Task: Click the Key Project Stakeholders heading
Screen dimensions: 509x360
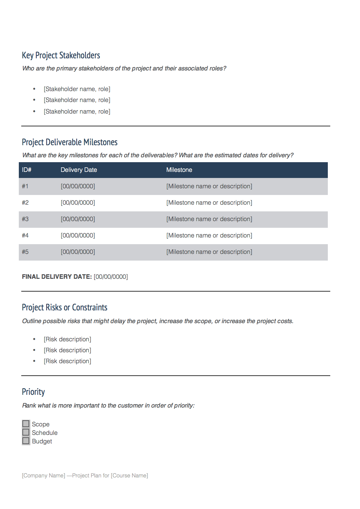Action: pyautogui.click(x=61, y=55)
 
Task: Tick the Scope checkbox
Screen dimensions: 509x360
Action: pyautogui.click(x=26, y=424)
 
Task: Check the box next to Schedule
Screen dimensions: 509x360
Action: pyautogui.click(x=26, y=432)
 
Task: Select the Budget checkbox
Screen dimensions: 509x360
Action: pyautogui.click(x=26, y=441)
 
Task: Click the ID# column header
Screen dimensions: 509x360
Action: pyautogui.click(x=27, y=170)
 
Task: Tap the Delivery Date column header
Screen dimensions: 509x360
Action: pyautogui.click(x=79, y=170)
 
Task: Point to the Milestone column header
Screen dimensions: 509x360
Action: pyautogui.click(x=179, y=170)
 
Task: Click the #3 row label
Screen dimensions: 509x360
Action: pyautogui.click(x=25, y=219)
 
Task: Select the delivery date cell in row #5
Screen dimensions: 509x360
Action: pyautogui.click(x=78, y=252)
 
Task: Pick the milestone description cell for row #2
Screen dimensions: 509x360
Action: pyautogui.click(x=209, y=203)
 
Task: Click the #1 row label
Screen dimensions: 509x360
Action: pyautogui.click(x=25, y=186)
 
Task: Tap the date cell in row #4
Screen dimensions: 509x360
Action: pyautogui.click(x=78, y=235)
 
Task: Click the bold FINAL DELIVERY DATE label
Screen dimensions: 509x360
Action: pyautogui.click(x=57, y=277)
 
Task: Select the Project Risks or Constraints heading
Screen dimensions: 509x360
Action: pyautogui.click(x=64, y=307)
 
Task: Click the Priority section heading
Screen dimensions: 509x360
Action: pyautogui.click(x=33, y=392)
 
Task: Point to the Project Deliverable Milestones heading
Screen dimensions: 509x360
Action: pyautogui.click(x=70, y=142)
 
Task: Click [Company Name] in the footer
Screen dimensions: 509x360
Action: pyautogui.click(x=43, y=476)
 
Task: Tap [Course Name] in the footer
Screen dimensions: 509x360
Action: pyautogui.click(x=129, y=476)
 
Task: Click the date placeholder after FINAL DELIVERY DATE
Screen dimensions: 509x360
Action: pyautogui.click(x=111, y=277)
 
